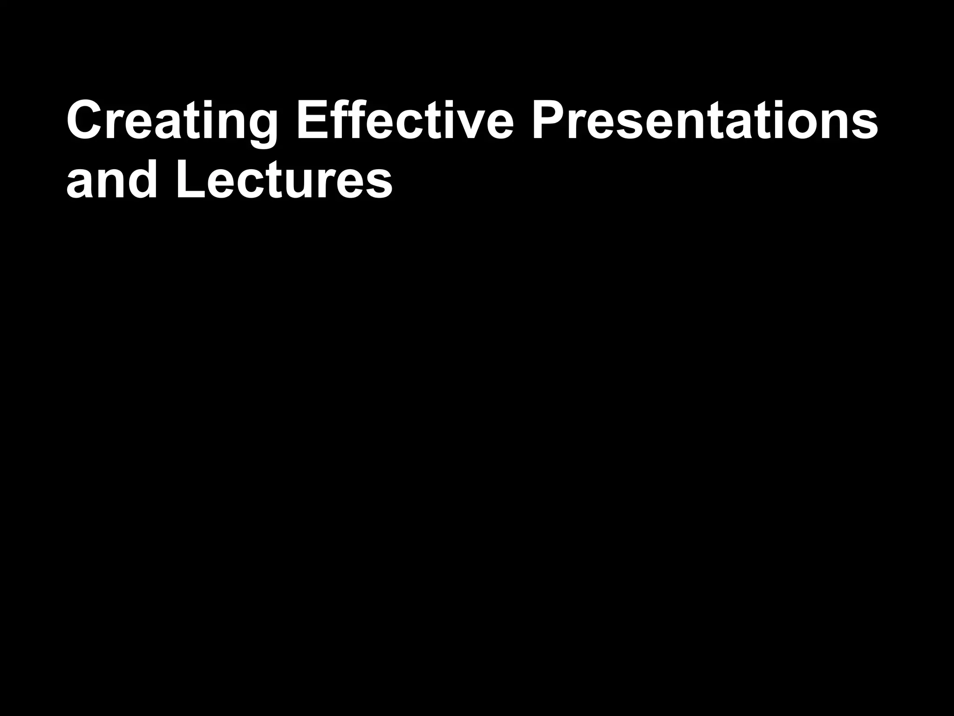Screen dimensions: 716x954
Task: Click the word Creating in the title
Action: pyautogui.click(x=172, y=120)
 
